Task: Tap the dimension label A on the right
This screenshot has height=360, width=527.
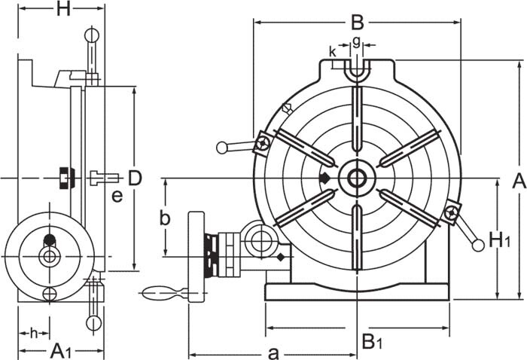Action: [x=518, y=180]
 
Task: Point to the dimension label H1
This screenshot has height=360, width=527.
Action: [x=500, y=239]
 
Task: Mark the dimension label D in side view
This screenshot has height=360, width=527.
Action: [x=134, y=178]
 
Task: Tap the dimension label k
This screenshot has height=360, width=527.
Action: [x=333, y=51]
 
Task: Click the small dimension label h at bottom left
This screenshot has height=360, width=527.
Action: [x=33, y=332]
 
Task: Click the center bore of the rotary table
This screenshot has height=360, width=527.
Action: [x=356, y=178]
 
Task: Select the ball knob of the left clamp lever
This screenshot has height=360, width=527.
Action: [x=222, y=148]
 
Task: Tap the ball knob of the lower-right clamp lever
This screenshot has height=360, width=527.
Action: [x=477, y=244]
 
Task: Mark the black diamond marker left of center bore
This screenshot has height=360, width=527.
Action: [x=324, y=178]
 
